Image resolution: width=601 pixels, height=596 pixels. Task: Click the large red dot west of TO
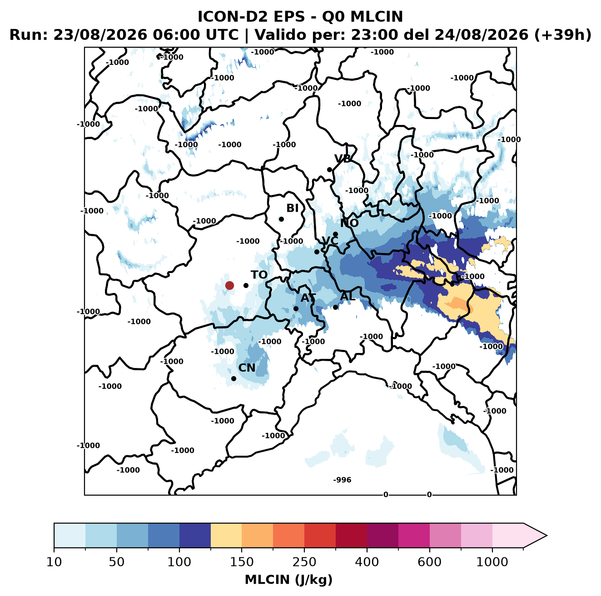click(x=229, y=285)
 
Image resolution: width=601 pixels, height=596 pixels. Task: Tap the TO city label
click(x=259, y=275)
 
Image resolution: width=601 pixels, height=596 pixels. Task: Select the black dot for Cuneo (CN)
click(x=233, y=378)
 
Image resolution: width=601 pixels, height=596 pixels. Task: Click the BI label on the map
click(x=292, y=208)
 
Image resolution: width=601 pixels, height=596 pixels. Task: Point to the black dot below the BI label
click(x=281, y=219)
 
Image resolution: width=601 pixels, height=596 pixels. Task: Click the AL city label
click(x=348, y=296)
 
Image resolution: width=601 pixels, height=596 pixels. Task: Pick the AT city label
click(x=308, y=298)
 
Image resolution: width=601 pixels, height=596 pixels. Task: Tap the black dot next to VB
click(x=329, y=169)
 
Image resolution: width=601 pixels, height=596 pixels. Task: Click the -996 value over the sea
click(x=342, y=480)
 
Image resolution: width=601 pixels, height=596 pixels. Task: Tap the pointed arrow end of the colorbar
click(x=546, y=536)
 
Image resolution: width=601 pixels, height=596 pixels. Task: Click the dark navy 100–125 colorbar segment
click(x=195, y=536)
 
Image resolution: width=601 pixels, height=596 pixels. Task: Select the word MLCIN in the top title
click(x=377, y=16)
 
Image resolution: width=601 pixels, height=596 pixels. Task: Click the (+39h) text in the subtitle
click(x=563, y=35)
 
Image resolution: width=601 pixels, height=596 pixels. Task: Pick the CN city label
click(x=247, y=368)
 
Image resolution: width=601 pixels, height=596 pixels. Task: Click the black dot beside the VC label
click(x=317, y=252)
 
